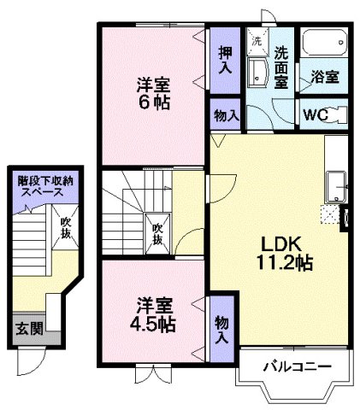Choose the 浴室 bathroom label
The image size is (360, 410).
point(324,76)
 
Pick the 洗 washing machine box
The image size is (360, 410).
point(256,39)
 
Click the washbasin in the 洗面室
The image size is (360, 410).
point(256,72)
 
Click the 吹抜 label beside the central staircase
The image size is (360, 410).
point(157,232)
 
